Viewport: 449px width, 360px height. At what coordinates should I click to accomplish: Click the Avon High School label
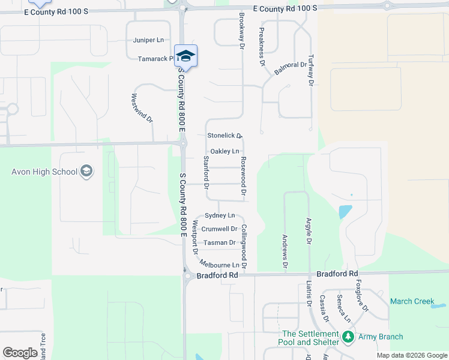point(44,172)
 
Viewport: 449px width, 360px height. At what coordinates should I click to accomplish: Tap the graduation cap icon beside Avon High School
point(86,172)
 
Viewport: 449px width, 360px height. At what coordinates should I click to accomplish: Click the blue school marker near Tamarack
point(186,56)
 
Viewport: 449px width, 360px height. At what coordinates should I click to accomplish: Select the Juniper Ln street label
point(148,40)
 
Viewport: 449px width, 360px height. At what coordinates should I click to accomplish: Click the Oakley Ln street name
point(224,151)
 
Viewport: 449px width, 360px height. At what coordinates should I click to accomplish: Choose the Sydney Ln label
point(220,215)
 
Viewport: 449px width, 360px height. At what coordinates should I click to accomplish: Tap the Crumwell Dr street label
point(219,229)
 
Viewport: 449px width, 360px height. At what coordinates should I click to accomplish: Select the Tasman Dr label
point(219,243)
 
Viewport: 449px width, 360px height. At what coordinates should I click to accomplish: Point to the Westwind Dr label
point(142,108)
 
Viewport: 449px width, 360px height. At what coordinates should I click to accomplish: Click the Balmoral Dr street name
point(291,68)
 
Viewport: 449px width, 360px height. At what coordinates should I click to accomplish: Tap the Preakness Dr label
point(262,46)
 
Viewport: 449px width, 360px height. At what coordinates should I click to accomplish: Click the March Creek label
point(412,301)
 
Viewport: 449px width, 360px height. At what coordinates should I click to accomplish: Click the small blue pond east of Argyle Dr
point(345,211)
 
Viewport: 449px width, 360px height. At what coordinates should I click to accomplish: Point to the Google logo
point(20,353)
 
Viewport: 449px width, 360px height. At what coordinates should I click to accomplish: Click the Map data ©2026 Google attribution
point(412,355)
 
